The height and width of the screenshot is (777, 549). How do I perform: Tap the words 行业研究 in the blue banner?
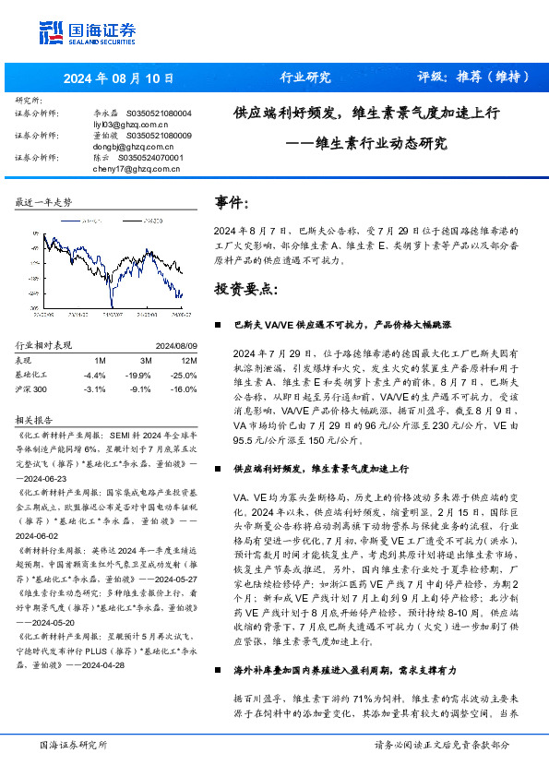click(304, 77)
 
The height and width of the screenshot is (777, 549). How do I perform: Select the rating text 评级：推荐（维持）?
click(473, 77)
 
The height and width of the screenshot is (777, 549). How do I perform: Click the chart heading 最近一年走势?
click(44, 201)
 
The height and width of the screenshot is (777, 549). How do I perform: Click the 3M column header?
click(146, 360)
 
